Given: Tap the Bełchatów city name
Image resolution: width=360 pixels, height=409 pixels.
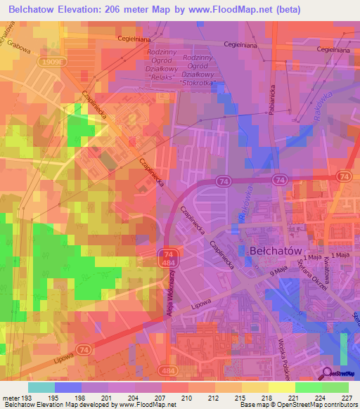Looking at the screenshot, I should pos(276,250).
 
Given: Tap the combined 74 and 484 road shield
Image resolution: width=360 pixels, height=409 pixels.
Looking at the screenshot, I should pos(167,257).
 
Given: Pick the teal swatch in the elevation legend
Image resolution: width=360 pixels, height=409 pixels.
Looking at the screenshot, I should pos(41,387).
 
